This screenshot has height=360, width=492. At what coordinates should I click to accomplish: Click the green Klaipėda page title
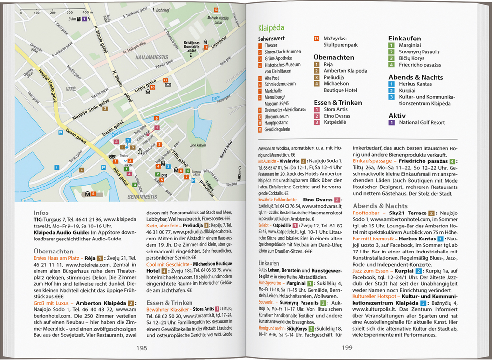coord(271,27)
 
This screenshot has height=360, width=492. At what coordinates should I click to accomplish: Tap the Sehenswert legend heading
coord(271,38)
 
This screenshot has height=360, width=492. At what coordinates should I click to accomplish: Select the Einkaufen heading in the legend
coord(404,38)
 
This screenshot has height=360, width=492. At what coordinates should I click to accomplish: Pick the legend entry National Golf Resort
coord(422,122)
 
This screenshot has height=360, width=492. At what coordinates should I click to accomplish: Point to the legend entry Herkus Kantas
coord(415,84)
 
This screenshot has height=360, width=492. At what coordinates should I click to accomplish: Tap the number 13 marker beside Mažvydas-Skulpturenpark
coord(316,38)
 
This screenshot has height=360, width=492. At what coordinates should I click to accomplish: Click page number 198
coord(141,348)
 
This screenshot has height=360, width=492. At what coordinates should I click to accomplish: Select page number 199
coord(347,348)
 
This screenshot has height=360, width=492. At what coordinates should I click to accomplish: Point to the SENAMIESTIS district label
coord(142,197)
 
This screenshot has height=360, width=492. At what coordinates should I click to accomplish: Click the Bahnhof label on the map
coord(163,10)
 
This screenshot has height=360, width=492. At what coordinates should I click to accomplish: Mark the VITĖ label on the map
coord(71,89)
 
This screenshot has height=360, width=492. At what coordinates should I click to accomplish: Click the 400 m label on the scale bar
coord(87,12)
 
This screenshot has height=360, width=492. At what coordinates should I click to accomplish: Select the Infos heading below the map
coord(41,213)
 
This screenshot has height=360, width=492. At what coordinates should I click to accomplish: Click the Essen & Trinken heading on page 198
coord(166,303)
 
